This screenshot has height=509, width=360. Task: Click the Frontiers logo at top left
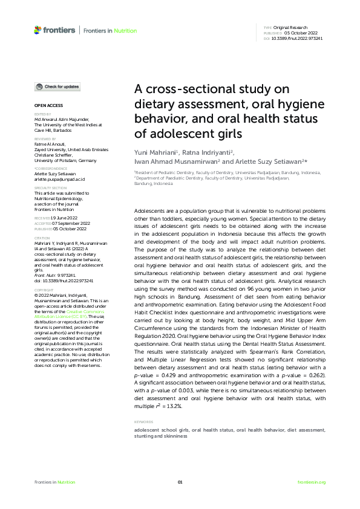tap(54, 30)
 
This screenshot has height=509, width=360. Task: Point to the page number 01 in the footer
tap(180, 482)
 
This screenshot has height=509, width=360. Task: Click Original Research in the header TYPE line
tap(290, 28)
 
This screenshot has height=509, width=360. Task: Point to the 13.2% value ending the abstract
tap(174, 407)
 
